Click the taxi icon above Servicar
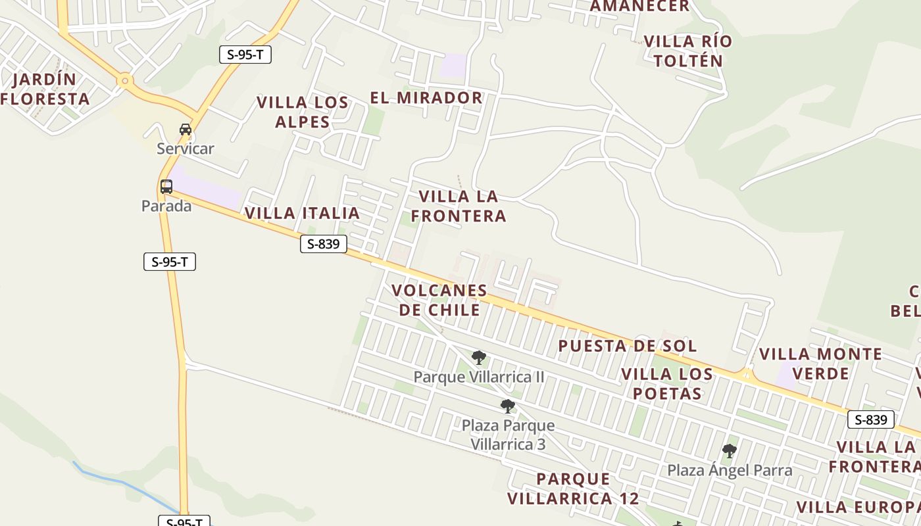[x=186, y=129]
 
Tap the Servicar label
[x=186, y=149]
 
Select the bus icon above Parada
[x=166, y=186]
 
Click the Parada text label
[x=166, y=206]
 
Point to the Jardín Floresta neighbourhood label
[x=45, y=89]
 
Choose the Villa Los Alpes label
[x=303, y=112]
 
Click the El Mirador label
[x=426, y=98]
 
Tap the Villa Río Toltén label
[x=687, y=51]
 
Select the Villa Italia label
[x=302, y=213]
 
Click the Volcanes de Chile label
[x=439, y=300]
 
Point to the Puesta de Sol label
[x=628, y=346]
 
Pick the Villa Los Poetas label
[x=667, y=384]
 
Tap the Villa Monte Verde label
[x=820, y=364]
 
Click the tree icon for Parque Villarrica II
[x=479, y=358]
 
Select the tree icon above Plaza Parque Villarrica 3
[x=507, y=406]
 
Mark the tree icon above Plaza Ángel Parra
[x=729, y=450]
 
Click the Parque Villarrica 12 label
[x=573, y=489]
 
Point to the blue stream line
[x=122, y=482]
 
